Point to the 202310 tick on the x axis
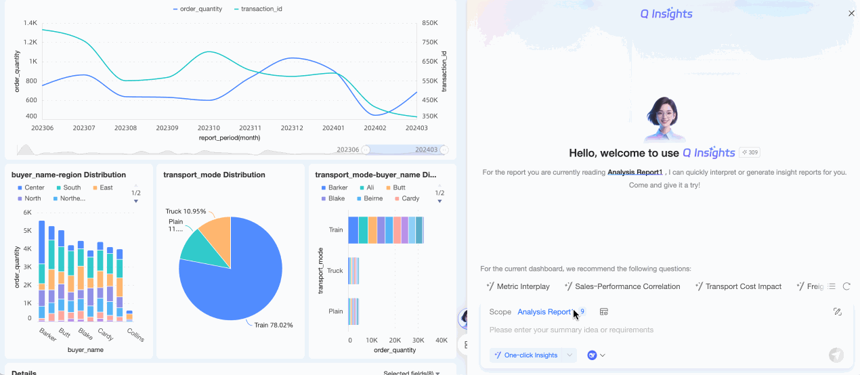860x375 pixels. (209, 128)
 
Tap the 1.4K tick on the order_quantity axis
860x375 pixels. (30, 23)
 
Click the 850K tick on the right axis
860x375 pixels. (430, 23)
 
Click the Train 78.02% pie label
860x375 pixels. (274, 325)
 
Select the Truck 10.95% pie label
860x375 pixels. (186, 211)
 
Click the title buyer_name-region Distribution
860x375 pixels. (68, 175)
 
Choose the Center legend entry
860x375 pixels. (34, 187)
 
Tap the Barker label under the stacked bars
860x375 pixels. (47, 334)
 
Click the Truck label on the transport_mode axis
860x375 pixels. (335, 271)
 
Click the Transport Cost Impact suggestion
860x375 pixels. (743, 286)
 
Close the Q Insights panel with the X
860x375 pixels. (851, 14)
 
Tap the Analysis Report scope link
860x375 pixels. (544, 312)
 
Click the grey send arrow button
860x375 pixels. (836, 355)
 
